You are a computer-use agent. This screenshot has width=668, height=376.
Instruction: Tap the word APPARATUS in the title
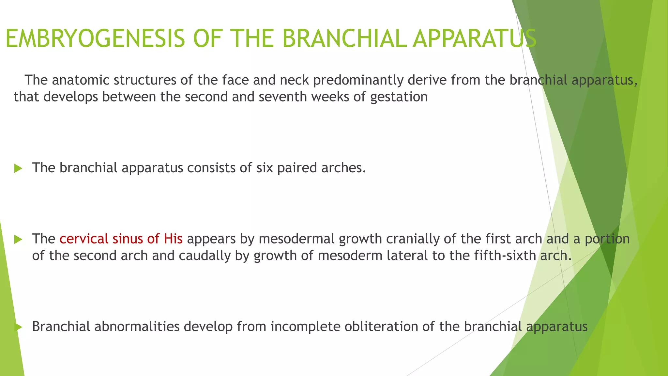click(x=474, y=39)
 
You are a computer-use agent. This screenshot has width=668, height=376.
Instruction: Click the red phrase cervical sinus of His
click(x=121, y=239)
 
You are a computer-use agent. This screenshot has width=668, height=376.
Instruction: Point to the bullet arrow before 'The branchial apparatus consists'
click(x=18, y=168)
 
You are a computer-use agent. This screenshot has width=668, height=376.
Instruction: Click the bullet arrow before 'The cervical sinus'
click(x=18, y=240)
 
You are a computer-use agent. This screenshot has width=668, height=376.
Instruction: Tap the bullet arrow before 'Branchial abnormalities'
click(x=18, y=327)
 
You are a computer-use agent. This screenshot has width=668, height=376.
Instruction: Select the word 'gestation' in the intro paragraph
click(x=399, y=97)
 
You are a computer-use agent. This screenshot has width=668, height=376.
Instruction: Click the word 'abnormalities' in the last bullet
click(x=137, y=326)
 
